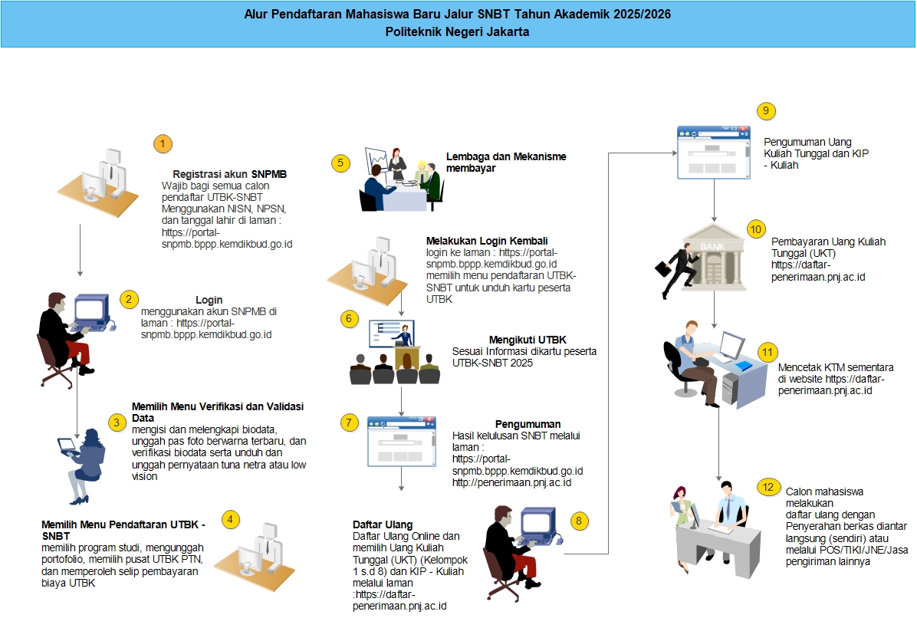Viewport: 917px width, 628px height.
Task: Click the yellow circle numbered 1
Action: click(x=163, y=144)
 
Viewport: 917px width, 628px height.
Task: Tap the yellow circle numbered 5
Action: click(x=340, y=163)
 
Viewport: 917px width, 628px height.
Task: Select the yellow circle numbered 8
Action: click(x=579, y=521)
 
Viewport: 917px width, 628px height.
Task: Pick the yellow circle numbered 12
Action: click(x=767, y=487)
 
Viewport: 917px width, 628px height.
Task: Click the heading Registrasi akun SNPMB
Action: click(x=229, y=174)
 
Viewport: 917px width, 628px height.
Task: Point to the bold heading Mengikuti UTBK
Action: click(x=528, y=340)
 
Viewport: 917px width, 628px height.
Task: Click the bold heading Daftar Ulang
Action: click(x=383, y=524)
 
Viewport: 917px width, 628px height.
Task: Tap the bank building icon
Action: click(x=715, y=258)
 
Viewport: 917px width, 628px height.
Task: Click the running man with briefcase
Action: click(x=673, y=271)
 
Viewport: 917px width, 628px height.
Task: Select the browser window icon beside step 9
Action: click(x=714, y=152)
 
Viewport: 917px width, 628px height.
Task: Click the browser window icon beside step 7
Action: click(x=401, y=442)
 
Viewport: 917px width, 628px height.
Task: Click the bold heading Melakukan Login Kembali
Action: click(x=487, y=241)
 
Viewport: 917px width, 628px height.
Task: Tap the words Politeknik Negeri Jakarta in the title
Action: click(x=457, y=32)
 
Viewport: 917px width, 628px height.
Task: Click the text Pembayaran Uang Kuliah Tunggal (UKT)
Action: click(x=828, y=248)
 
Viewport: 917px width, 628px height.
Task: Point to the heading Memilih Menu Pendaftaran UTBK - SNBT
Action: click(x=123, y=531)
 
